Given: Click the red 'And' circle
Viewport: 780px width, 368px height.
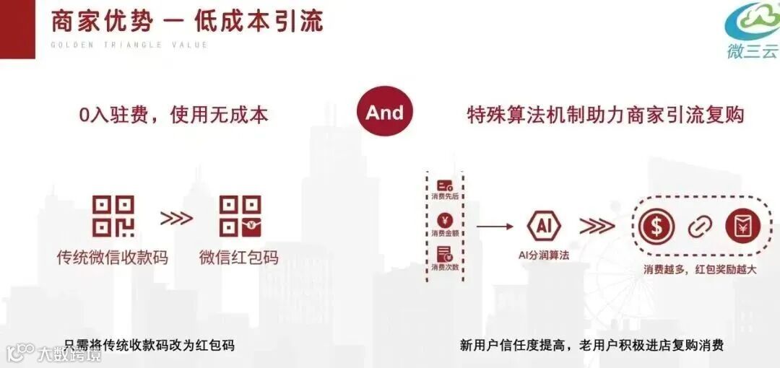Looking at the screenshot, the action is click(x=384, y=112).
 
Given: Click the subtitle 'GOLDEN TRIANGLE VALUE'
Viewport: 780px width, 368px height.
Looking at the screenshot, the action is click(x=129, y=45).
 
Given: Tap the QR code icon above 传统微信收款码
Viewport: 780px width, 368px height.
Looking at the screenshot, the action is click(x=113, y=216).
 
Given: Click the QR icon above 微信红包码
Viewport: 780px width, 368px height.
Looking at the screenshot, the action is click(x=240, y=216).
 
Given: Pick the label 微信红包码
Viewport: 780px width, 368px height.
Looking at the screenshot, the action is click(x=239, y=257).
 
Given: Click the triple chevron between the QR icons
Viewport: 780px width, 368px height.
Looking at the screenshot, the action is click(x=176, y=218).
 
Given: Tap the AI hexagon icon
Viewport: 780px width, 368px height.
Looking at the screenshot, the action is click(x=544, y=227).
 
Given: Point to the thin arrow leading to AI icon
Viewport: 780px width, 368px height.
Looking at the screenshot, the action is click(x=495, y=227).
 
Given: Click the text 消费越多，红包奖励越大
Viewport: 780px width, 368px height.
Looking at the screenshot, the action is click(x=700, y=269).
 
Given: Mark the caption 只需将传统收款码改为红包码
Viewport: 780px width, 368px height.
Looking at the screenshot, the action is click(x=149, y=345).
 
